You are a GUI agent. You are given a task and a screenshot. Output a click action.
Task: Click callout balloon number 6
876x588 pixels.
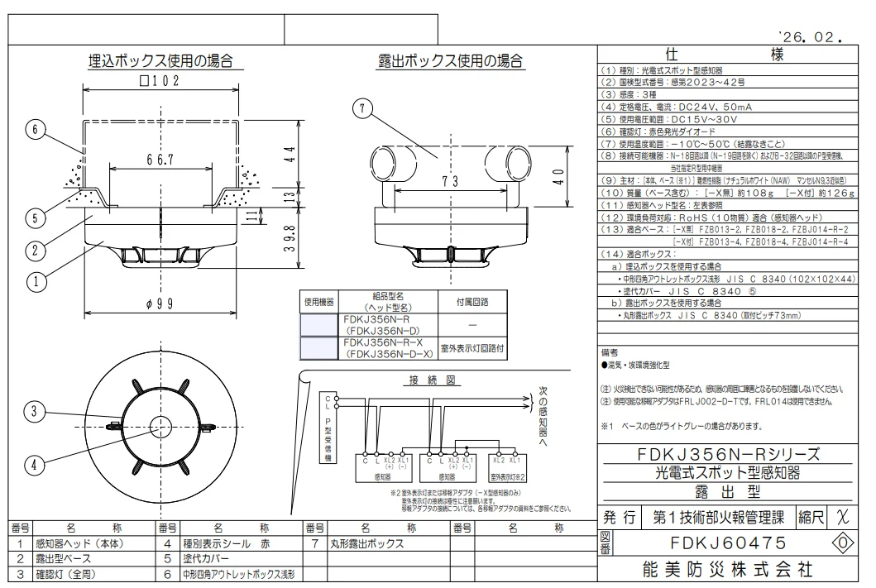[34, 130]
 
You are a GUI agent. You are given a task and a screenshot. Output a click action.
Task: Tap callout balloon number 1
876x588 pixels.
[34, 282]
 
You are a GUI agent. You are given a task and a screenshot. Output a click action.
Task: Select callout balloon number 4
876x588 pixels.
[34, 465]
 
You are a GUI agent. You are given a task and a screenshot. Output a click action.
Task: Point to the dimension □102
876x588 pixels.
[159, 82]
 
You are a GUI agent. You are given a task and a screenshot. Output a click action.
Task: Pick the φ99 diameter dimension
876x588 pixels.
[159, 304]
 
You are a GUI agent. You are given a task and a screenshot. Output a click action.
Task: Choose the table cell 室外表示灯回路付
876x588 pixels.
[472, 349]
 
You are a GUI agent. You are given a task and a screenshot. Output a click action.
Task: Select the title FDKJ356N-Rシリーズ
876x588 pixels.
[729, 454]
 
